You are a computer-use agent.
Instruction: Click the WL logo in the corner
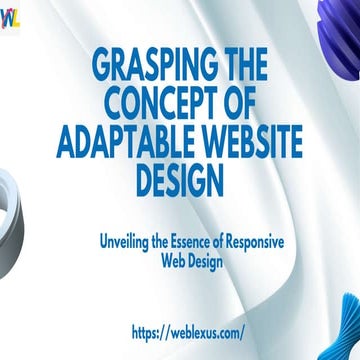pos(9,23)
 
